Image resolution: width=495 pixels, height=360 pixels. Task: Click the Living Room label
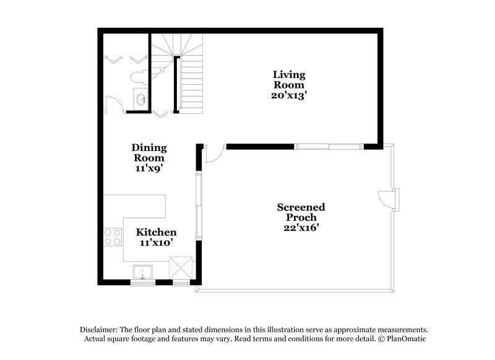click(289, 80)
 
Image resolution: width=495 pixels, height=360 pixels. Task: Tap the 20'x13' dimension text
click(289, 96)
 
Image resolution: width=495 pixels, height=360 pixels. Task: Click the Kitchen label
click(157, 232)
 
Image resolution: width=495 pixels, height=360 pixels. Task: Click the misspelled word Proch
click(301, 217)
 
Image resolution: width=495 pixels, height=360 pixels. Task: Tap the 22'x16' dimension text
click(301, 228)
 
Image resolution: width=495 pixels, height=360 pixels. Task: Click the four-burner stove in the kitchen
click(111, 238)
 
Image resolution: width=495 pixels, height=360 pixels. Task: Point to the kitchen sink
click(143, 272)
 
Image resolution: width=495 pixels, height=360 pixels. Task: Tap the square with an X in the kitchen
click(183, 269)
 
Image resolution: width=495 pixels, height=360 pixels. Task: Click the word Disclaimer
click(100, 330)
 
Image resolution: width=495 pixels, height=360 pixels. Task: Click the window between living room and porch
click(327, 147)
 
